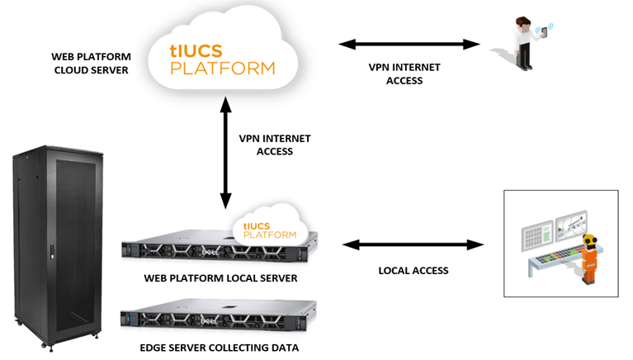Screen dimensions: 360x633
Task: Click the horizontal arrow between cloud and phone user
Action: pyautogui.click(x=409, y=44)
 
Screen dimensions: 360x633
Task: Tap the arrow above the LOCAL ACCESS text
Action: pyautogui.click(x=413, y=244)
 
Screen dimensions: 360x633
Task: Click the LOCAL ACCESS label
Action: pyautogui.click(x=413, y=270)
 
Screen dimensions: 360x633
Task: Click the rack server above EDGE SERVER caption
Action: pyautogui.click(x=219, y=318)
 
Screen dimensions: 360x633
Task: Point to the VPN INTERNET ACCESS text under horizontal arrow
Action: pyautogui.click(x=404, y=74)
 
